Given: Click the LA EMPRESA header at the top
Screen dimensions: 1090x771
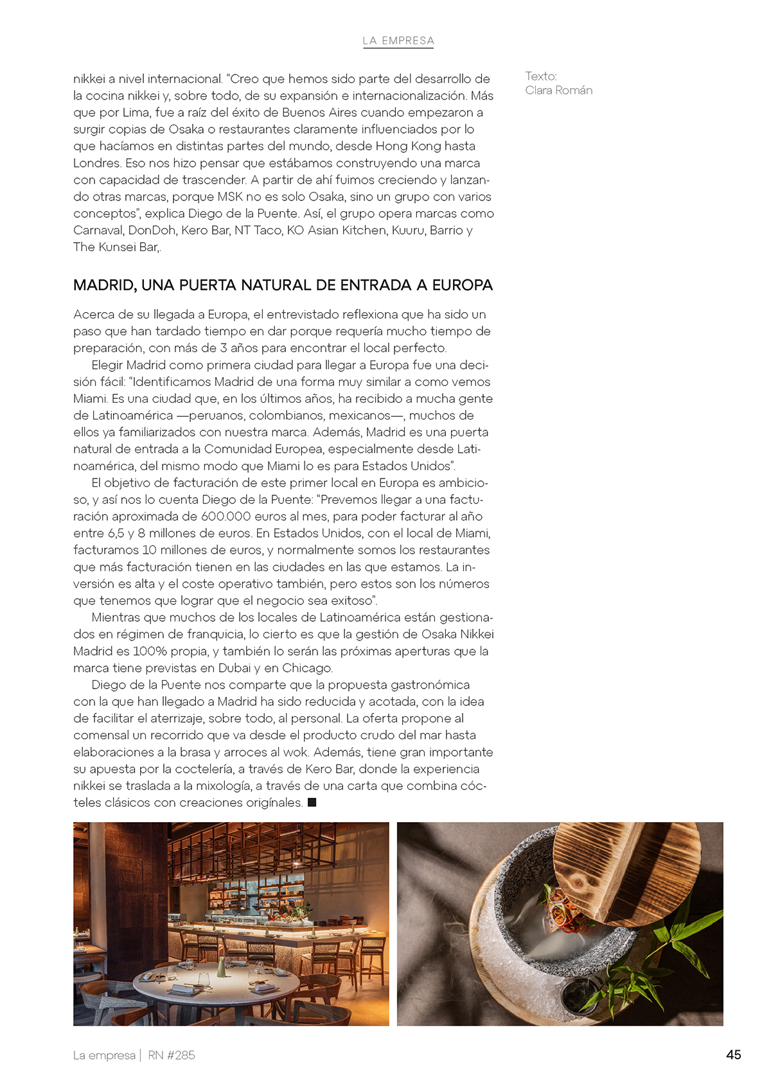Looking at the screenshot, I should (x=398, y=40).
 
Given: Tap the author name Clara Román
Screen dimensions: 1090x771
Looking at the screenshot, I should (x=558, y=90).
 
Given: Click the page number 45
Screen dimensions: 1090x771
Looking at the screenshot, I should (x=733, y=1055).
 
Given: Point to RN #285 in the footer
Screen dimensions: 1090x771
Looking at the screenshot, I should (x=172, y=1055).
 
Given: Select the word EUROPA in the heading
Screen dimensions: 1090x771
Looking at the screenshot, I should (x=462, y=285).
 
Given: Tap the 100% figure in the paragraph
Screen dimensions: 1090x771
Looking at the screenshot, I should (x=150, y=651).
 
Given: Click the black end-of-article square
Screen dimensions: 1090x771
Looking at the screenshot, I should (x=312, y=802).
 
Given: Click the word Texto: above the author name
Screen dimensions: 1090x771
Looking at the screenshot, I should (x=540, y=76).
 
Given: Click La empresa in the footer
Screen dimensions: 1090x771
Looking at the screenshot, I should (x=104, y=1055).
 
